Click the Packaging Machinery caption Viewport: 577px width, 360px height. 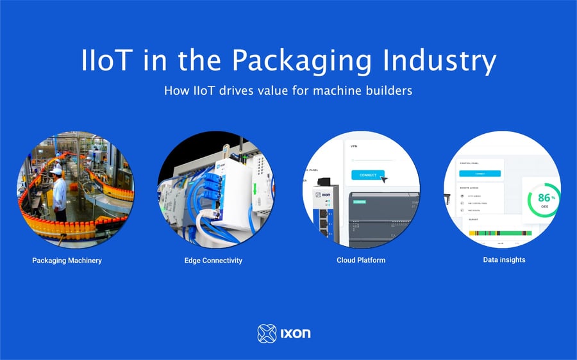pos(67,261)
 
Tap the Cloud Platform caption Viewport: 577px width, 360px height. pos(361,261)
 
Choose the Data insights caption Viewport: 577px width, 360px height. pos(504,260)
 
